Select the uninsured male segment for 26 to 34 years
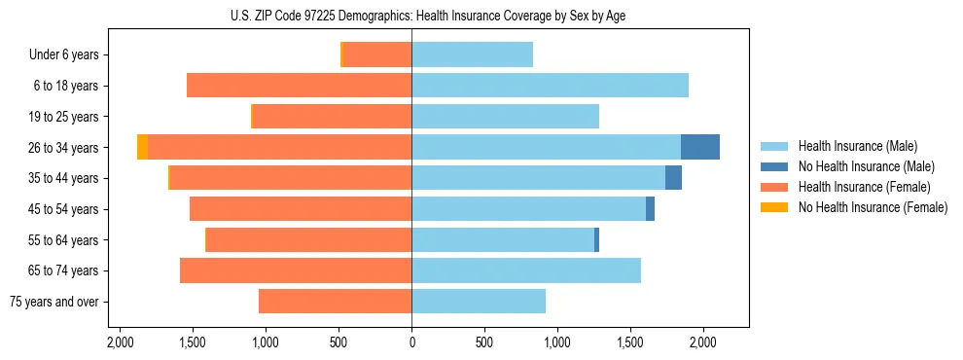pos(700,147)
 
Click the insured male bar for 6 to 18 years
pos(550,86)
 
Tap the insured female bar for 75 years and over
pos(335,302)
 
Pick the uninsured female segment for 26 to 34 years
pos(143,147)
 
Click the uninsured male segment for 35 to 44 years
pos(673,178)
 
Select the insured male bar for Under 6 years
pos(472,54)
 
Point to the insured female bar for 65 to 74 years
pos(296,270)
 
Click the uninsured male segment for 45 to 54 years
pos(650,209)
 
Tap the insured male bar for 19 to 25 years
pos(505,117)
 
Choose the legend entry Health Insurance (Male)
pos(856,146)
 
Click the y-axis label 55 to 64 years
pos(62,240)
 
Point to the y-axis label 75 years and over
pos(53,302)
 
